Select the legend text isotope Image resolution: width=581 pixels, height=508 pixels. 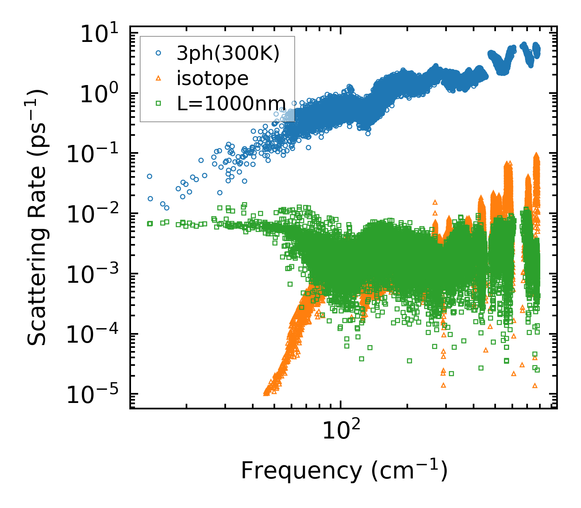(212, 78)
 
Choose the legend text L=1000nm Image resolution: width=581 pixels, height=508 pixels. (231, 103)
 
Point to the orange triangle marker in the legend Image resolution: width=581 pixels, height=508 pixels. (159, 78)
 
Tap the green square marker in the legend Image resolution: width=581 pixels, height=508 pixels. (159, 103)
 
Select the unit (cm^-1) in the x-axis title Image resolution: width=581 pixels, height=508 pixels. (410, 471)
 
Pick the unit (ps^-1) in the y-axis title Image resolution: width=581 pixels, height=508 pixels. (38, 118)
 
